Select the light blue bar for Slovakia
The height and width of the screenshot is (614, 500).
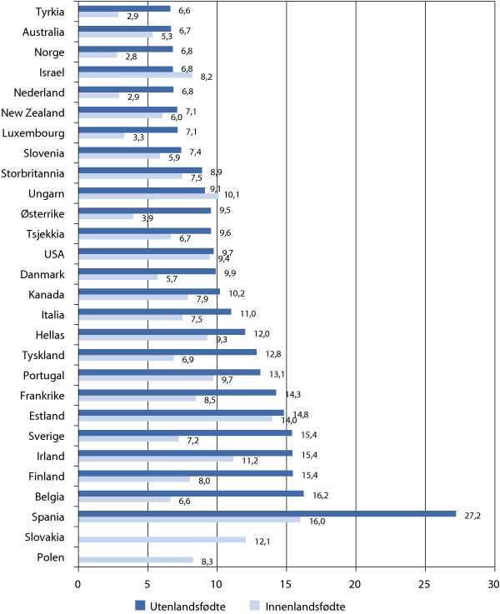(162, 539)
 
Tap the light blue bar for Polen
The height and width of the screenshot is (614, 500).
(135, 560)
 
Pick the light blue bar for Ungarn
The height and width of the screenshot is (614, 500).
(147, 197)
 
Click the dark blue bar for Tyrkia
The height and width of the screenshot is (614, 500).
(123, 9)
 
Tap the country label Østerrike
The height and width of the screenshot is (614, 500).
(40, 212)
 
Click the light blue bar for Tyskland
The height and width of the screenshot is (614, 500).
(126, 357)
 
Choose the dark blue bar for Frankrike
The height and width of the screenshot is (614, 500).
(177, 392)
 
